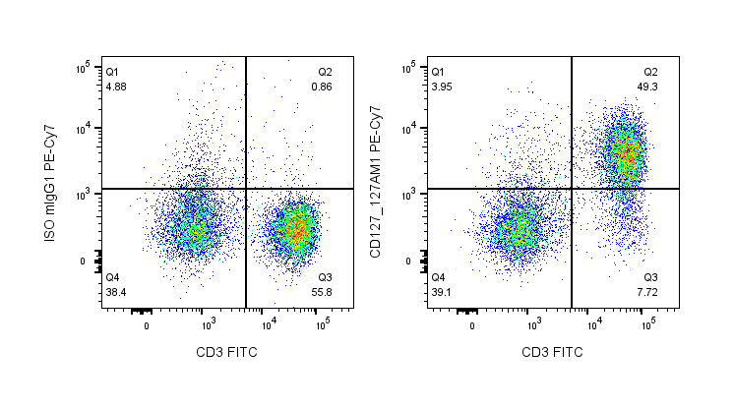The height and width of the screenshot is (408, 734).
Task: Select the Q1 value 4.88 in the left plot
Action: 117,87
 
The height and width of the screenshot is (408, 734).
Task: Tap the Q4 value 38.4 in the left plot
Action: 117,292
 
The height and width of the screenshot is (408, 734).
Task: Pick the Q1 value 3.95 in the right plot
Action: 443,87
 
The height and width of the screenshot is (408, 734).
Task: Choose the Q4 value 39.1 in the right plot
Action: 443,292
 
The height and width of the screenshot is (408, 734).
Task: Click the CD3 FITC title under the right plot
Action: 551,352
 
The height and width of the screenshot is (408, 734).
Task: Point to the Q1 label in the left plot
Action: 112,72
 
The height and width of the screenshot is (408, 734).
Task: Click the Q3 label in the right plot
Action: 651,277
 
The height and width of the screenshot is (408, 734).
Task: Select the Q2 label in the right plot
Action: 651,72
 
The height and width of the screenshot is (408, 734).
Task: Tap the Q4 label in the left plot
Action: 112,277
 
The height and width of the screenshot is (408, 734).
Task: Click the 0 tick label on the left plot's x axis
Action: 147,325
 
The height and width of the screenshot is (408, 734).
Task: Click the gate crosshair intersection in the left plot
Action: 245,189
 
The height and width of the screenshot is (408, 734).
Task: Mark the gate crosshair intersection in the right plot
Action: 572,189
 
